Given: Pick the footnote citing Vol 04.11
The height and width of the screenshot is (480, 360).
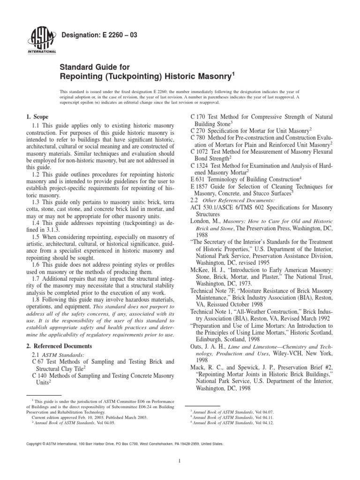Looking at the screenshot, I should (x=217, y=416).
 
